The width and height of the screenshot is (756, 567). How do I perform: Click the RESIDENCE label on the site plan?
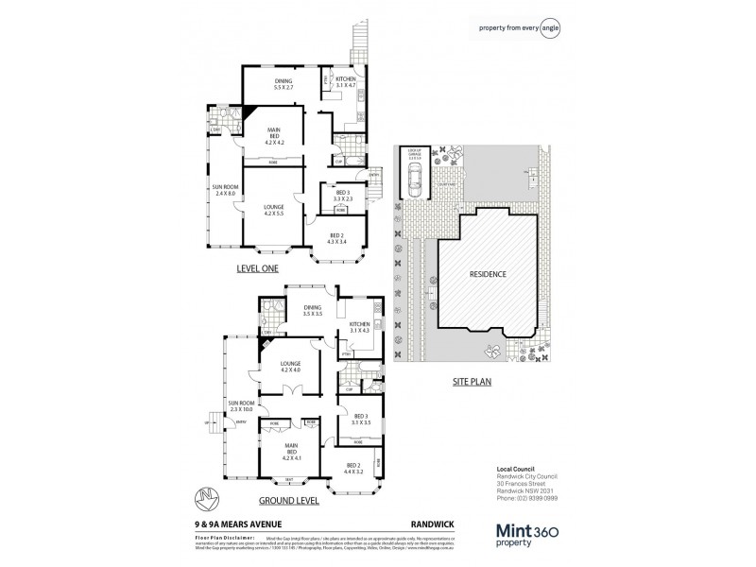point(489,275)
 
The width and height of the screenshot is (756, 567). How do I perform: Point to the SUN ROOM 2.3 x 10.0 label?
point(239,408)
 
